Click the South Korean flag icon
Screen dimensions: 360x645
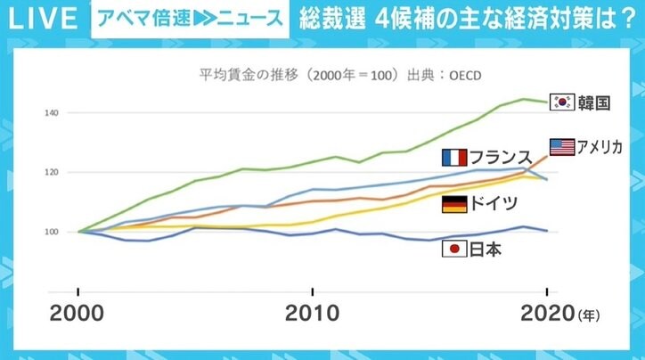tap(562, 102)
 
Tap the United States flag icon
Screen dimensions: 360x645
tap(561, 147)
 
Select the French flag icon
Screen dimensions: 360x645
tap(454, 158)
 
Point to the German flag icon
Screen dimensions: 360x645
tap(454, 205)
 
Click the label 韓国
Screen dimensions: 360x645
tap(594, 102)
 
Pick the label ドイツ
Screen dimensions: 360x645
tap(494, 205)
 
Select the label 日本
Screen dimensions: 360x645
tap(485, 250)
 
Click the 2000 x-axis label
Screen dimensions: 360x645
tap(78, 314)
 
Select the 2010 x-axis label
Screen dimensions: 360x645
tap(312, 314)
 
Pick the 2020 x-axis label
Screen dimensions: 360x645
tap(545, 314)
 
